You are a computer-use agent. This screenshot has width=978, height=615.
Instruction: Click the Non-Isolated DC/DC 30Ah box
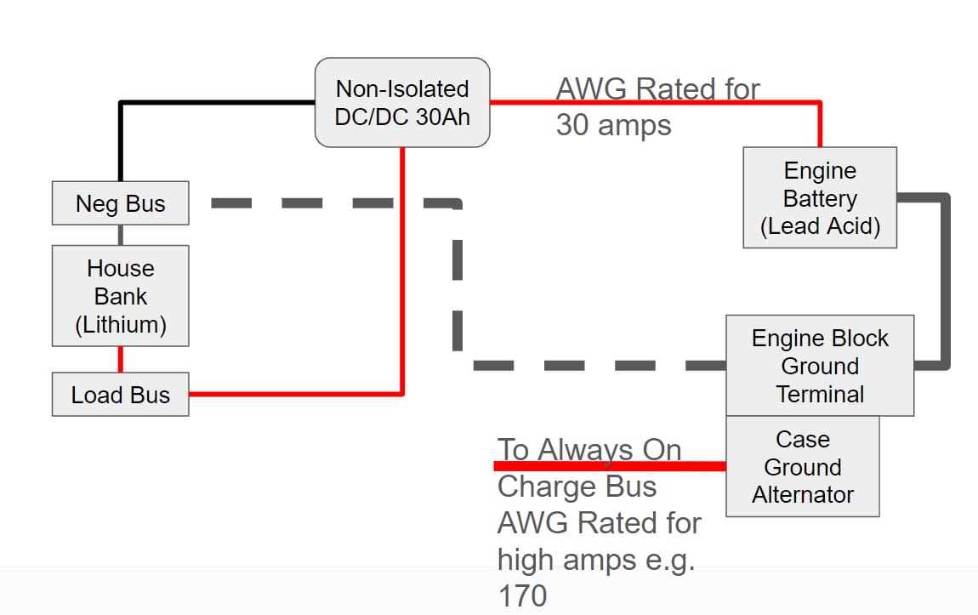click(x=402, y=102)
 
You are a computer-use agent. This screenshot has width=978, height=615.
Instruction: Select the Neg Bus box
click(x=120, y=203)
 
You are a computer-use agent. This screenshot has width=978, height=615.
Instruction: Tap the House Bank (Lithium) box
click(x=120, y=296)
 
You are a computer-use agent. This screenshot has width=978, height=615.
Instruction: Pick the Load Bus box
click(x=120, y=396)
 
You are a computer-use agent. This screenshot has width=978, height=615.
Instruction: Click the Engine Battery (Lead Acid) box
click(x=820, y=197)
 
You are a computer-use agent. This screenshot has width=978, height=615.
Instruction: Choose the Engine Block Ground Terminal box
click(x=820, y=366)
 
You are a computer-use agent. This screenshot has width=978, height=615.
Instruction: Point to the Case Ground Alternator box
click(x=802, y=467)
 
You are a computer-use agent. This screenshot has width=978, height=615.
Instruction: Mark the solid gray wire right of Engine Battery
click(x=945, y=281)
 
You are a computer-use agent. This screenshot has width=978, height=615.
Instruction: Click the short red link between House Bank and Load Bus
click(x=120, y=360)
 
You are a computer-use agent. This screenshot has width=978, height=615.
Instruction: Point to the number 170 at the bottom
click(x=522, y=595)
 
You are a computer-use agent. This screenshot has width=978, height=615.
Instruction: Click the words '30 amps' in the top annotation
click(x=613, y=125)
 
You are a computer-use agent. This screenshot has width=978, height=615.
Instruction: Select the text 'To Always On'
click(x=589, y=449)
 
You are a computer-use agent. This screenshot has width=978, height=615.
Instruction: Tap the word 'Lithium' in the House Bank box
click(x=120, y=324)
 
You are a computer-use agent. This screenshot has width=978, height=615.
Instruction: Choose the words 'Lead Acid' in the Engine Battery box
click(x=820, y=226)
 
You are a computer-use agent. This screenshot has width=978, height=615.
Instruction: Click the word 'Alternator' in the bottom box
click(x=802, y=494)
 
